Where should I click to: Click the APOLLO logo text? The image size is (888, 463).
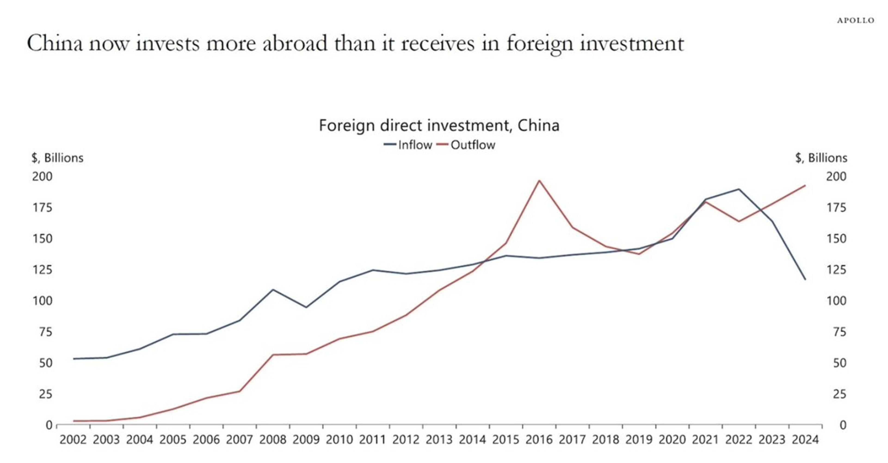click(x=856, y=21)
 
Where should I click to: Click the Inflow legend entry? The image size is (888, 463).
click(x=408, y=145)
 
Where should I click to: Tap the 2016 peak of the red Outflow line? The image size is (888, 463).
click(x=539, y=181)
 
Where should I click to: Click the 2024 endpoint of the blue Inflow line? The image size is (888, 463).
click(x=805, y=280)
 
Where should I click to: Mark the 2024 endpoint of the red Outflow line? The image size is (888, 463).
click(x=805, y=185)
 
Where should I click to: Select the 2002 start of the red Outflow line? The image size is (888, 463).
click(x=74, y=421)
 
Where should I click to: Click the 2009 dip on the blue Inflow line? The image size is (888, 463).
click(x=306, y=307)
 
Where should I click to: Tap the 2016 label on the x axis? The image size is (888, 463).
click(x=539, y=440)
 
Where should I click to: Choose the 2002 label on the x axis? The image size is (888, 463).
click(x=73, y=440)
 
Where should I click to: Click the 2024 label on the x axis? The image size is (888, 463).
click(x=805, y=440)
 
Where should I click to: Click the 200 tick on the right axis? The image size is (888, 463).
click(x=836, y=177)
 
